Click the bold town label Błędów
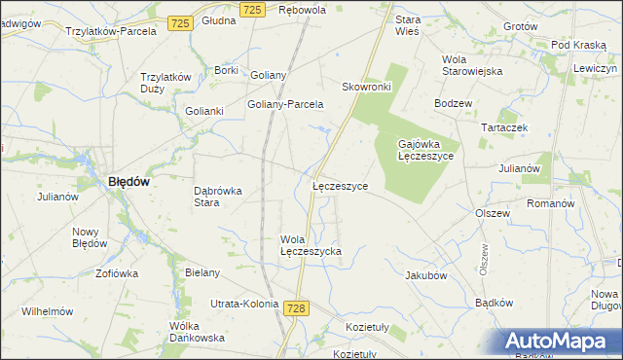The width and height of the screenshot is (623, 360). coord(128,181)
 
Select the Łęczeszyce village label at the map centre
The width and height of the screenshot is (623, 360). coord(340,186)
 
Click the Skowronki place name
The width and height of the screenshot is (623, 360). coord(366,87)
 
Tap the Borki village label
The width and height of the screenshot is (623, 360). coord(226,70)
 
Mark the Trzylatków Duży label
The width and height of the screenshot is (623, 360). coord(165,83)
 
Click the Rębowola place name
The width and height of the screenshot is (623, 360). coord(302,9)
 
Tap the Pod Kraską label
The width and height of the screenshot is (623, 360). coord(579,45)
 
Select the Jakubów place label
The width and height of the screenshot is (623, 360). coord(425,275)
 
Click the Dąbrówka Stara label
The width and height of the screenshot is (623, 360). coord(218,197)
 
